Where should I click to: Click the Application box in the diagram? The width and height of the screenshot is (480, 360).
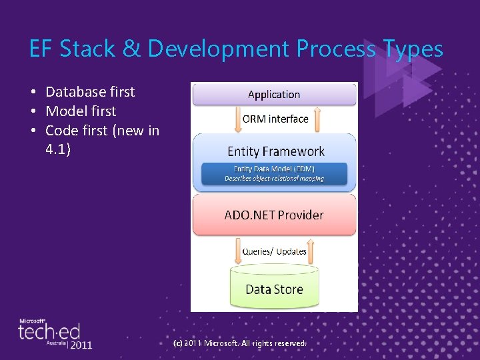tap(274, 95)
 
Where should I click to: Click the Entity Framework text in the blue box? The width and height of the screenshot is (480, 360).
tap(275, 151)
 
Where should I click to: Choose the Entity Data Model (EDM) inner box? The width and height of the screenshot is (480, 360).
tap(274, 173)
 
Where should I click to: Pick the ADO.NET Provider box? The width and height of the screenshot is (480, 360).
tap(275, 215)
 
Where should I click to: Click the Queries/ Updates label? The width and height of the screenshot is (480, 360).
tap(275, 251)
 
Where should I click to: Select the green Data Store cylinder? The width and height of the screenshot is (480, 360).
tap(274, 288)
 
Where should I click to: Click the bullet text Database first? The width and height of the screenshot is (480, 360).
tap(90, 92)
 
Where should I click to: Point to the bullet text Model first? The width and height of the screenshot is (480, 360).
tap(81, 111)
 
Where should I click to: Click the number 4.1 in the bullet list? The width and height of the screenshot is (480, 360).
tap(57, 149)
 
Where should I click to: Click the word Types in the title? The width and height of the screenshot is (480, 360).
tap(413, 49)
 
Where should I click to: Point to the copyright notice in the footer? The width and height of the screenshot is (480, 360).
tap(239, 343)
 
